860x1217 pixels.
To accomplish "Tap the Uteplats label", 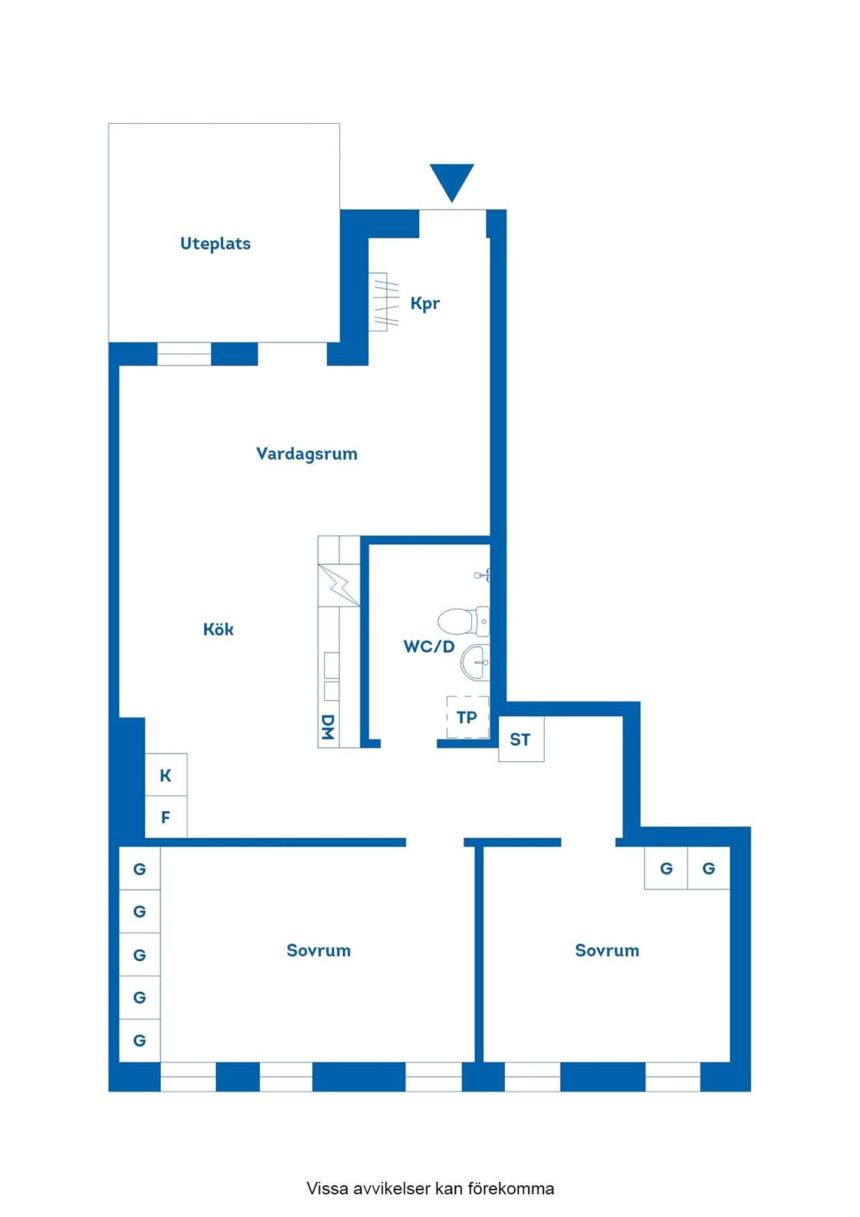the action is tap(215, 244).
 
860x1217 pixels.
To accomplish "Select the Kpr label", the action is tap(425, 304).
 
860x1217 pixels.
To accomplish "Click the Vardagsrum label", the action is tap(307, 454).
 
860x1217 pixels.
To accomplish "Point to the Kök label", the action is tap(218, 629).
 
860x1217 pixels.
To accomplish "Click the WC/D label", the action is tap(429, 646).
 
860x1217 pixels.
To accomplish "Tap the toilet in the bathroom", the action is tap(463, 621).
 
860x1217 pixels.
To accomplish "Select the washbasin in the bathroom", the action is tap(475, 663).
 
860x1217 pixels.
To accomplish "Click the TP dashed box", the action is tap(468, 717).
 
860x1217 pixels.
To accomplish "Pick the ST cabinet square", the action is tap(521, 739).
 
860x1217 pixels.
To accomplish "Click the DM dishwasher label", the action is tap(327, 727).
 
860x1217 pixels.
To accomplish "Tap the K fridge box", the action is tap(166, 775).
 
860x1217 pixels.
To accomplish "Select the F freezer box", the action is tap(166, 817).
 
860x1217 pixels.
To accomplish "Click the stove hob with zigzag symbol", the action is tap(339, 585).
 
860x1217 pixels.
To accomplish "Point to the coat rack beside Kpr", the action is tap(383, 302).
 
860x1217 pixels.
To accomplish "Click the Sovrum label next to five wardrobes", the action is tap(318, 951).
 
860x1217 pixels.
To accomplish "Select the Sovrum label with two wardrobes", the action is tap(607, 951).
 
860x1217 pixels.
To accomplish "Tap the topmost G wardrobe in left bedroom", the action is tap(140, 869).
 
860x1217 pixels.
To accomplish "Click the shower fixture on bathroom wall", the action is tap(483, 575).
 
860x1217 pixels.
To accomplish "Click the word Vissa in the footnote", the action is tap(328, 1188).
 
